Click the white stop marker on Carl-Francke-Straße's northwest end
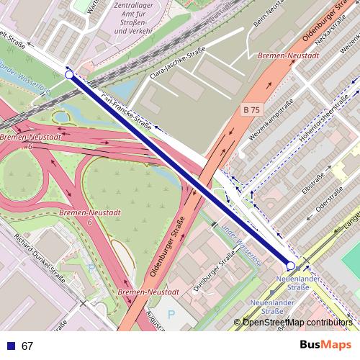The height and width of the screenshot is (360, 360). click(x=69, y=74)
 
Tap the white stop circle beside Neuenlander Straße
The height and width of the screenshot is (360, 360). click(x=291, y=266)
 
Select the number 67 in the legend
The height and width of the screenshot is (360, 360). click(x=28, y=346)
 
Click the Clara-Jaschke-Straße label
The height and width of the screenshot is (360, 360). click(x=176, y=64)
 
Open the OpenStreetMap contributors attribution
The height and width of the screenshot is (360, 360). click(x=297, y=322)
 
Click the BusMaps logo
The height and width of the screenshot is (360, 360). click(x=325, y=345)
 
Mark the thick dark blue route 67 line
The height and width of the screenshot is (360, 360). click(x=180, y=170)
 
